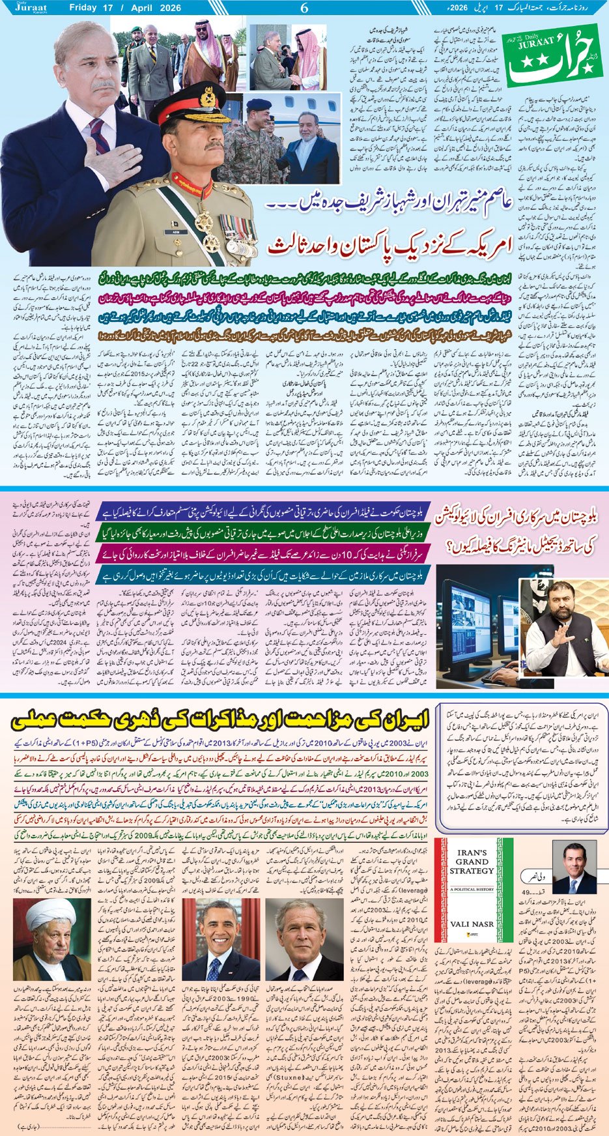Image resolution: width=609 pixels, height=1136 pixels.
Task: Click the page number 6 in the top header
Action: [304, 8]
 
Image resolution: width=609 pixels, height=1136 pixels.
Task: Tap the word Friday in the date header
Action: [87, 8]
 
